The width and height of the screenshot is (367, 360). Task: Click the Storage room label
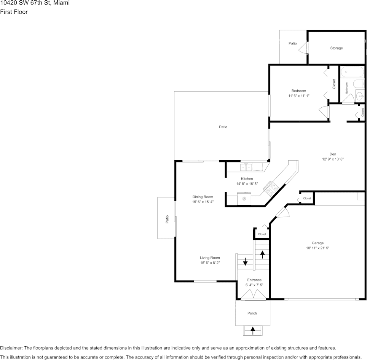tap(336, 48)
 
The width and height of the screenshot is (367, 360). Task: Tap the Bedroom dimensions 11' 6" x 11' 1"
tap(298, 96)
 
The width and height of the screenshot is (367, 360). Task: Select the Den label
tap(333, 154)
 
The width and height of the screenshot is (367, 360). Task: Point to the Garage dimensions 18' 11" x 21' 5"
tap(318, 248)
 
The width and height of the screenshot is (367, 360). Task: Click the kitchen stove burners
tap(271, 188)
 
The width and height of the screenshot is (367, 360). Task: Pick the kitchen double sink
tap(246, 167)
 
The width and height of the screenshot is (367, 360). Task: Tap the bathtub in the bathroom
tap(352, 72)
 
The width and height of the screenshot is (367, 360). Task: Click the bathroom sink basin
tap(360, 96)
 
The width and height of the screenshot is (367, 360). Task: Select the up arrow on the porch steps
tap(252, 331)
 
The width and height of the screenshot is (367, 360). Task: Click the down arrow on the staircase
tap(245, 261)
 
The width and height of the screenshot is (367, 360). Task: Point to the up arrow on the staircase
tap(262, 255)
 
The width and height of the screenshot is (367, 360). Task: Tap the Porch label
tap(252, 313)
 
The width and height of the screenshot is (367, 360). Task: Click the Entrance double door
tap(254, 294)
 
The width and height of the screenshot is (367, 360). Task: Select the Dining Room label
tap(203, 197)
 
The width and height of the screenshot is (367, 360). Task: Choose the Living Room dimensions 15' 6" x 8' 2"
tap(210, 263)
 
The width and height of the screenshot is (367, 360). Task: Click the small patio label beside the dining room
tap(167, 219)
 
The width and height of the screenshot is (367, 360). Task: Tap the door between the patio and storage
tap(303, 48)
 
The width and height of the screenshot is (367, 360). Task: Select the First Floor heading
tap(14, 12)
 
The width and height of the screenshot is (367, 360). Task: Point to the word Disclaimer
tap(11, 348)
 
